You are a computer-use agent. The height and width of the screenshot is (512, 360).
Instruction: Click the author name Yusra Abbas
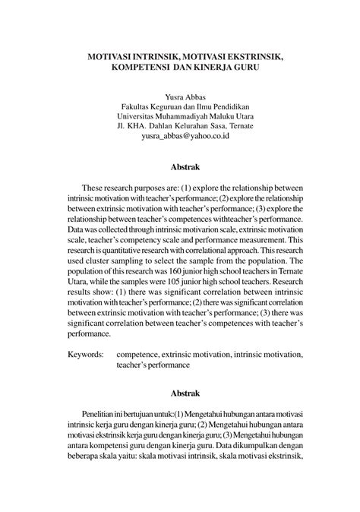tap(180, 96)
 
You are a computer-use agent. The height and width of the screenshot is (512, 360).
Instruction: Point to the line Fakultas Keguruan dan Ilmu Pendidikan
tap(180, 107)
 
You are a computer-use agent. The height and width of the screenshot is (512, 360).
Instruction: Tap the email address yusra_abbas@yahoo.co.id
tap(180, 139)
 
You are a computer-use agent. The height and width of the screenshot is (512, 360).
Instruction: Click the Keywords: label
tap(86, 353)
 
